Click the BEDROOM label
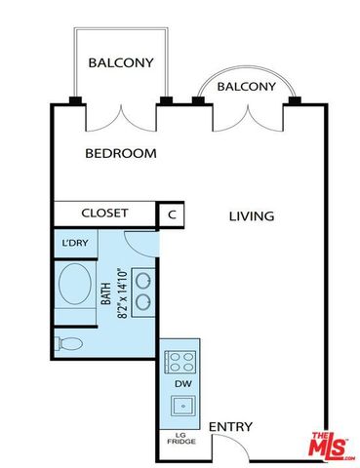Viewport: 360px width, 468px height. [x=121, y=153]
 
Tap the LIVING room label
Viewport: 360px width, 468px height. [x=252, y=215]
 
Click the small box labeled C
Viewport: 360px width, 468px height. [x=172, y=214]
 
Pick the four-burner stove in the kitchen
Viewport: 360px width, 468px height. [x=180, y=362]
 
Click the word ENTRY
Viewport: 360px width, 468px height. [x=230, y=427]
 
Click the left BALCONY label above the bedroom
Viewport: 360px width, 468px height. [x=121, y=63]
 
